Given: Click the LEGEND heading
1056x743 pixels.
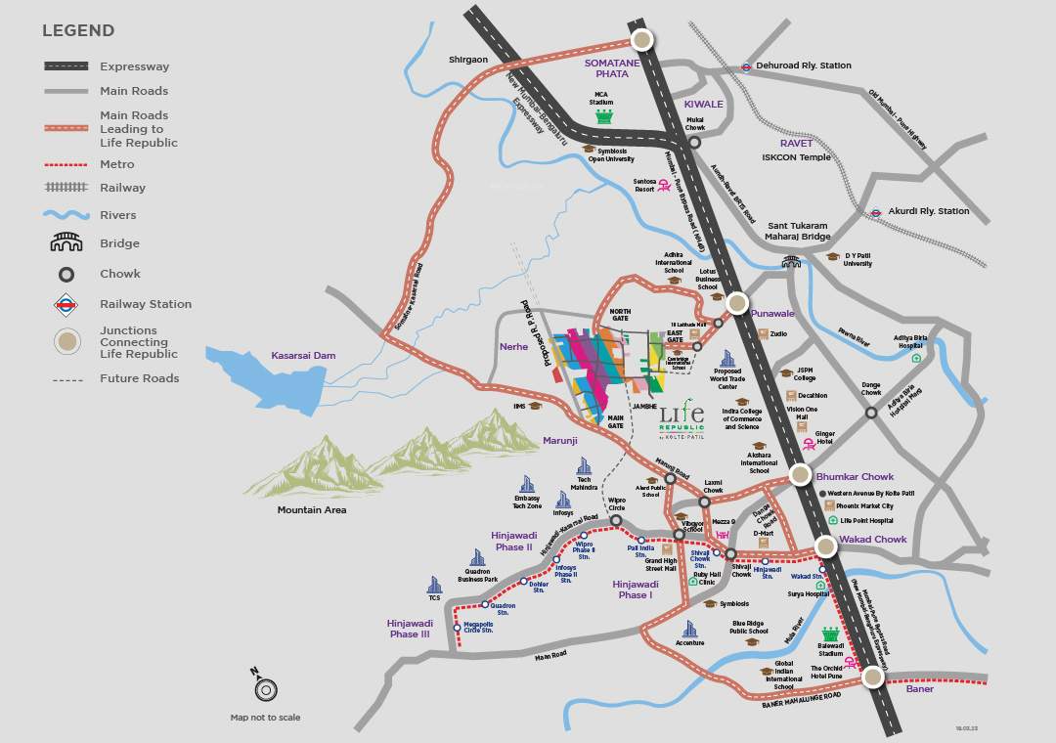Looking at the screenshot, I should tap(77, 31).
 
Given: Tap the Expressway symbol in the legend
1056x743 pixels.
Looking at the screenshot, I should tap(66, 66).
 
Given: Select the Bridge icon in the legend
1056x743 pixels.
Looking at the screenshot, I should tap(66, 243).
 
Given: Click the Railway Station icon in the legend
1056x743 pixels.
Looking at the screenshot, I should tap(66, 304).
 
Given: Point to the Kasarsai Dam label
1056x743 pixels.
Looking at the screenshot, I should tap(303, 356).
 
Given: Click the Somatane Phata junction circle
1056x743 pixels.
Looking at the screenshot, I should tap(641, 39).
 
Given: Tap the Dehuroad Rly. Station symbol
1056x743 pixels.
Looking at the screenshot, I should tap(746, 66).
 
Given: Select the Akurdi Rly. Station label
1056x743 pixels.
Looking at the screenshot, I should tap(928, 211).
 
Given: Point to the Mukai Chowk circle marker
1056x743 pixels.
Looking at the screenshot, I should tap(694, 142).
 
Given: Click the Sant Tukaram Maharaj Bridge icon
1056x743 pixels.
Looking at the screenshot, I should tap(791, 261).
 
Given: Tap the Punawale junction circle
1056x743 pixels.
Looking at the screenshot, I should tap(737, 303).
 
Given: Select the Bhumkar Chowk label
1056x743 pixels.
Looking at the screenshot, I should tap(855, 477).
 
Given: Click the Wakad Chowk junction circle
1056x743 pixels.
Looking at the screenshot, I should tap(826, 546).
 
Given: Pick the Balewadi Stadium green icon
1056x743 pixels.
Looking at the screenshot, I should tap(831, 636).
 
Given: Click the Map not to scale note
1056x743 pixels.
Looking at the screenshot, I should tap(265, 718).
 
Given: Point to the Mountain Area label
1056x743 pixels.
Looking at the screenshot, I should tap(311, 510).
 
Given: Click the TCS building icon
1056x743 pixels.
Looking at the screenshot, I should tap(434, 586).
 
